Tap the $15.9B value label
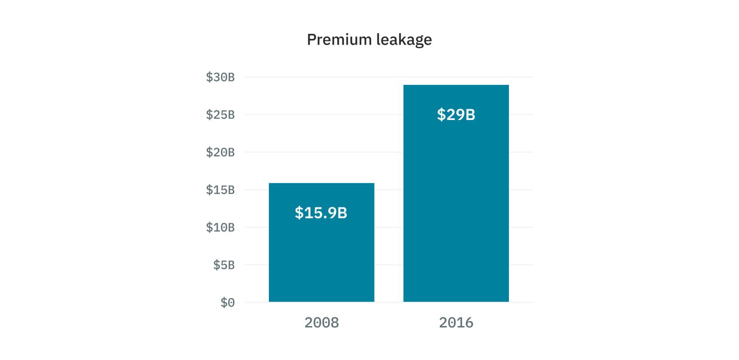(321, 213)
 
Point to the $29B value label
(456, 115)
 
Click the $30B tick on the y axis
(220, 77)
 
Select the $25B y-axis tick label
(220, 115)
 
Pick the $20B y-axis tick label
(220, 152)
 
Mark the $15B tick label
(220, 190)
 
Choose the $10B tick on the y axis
(220, 227)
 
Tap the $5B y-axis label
(224, 265)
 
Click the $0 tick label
(227, 303)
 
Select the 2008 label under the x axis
(321, 323)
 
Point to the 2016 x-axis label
(456, 323)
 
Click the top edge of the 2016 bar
(456, 85)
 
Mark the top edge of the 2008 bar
(321, 184)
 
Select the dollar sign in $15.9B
(299, 213)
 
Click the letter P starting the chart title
(311, 40)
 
